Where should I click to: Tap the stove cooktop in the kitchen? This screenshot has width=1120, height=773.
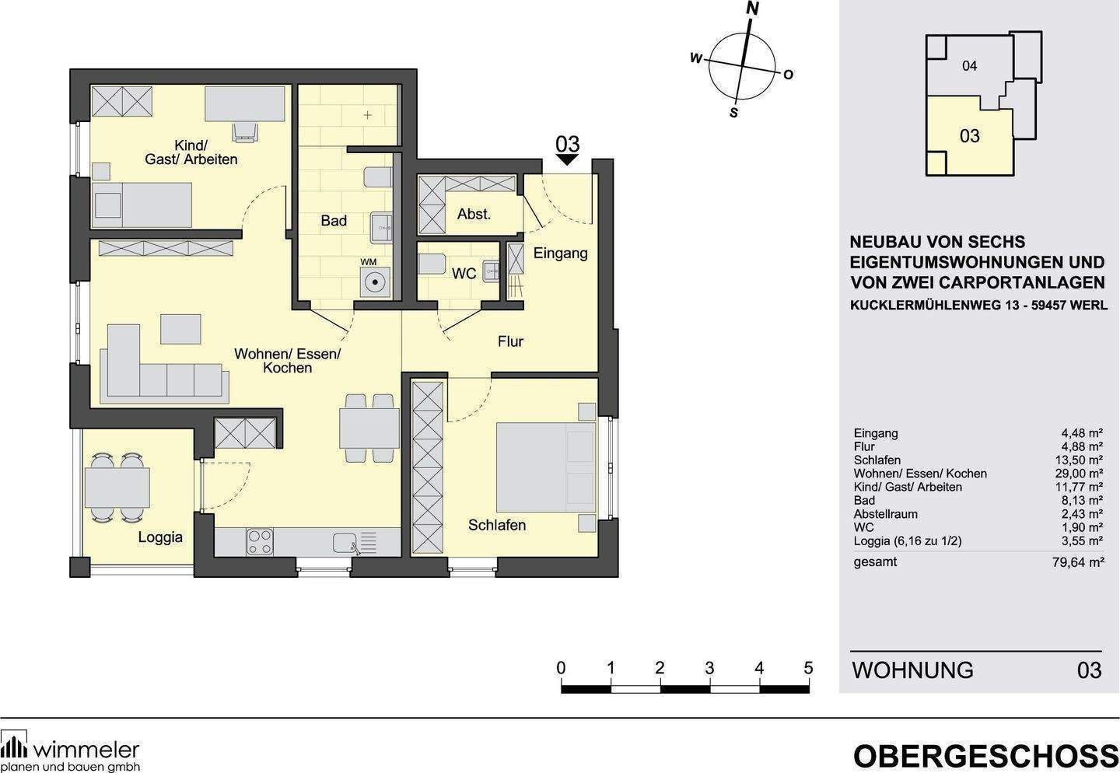[260, 541]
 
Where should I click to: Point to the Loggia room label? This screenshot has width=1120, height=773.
[160, 537]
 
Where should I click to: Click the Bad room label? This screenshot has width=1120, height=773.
[334, 221]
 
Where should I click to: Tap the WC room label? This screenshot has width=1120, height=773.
[464, 274]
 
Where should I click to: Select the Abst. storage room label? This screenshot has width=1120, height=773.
[474, 214]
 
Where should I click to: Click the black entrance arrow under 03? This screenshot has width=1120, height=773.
[568, 159]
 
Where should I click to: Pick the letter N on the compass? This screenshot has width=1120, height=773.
[752, 9]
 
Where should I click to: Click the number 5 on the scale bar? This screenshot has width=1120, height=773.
[808, 668]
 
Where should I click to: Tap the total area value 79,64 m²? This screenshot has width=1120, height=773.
[1077, 562]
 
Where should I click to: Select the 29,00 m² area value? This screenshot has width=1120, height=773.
[1077, 474]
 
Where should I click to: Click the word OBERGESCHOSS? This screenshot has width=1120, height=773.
[985, 756]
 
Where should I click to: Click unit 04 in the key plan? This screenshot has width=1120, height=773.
[969, 66]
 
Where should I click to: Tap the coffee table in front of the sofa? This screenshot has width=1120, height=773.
[180, 328]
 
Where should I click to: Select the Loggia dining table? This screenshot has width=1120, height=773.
[117, 488]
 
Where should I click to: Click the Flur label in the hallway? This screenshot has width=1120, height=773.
[510, 341]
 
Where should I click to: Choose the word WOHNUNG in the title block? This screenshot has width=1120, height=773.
[912, 670]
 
